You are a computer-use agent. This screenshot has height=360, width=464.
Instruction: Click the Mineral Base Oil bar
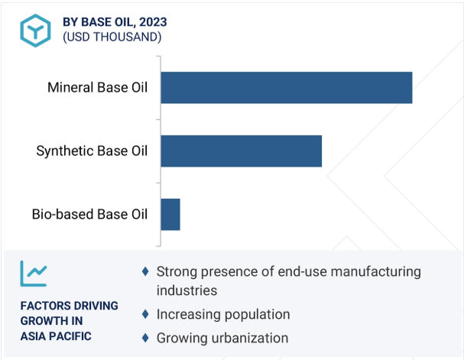tap(287, 88)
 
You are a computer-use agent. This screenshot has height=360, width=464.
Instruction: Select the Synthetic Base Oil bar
tap(242, 151)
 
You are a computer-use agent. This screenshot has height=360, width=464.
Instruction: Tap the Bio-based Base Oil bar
tap(170, 215)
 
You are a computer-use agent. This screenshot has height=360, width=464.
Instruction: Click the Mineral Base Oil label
tap(97, 88)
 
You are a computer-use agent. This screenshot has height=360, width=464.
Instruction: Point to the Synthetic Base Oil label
tap(92, 151)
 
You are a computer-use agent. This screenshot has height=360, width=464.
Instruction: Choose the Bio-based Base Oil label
tap(89, 215)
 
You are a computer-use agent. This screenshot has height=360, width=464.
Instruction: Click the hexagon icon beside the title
tap(35, 31)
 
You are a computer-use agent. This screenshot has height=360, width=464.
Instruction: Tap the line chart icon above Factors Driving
tap(34, 274)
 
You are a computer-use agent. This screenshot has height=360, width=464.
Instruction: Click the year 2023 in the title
tap(153, 22)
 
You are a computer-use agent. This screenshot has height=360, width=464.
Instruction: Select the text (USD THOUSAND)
tap(112, 37)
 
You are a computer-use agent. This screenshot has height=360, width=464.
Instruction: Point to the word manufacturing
tap(376, 272)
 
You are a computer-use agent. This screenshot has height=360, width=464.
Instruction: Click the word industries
tap(187, 290)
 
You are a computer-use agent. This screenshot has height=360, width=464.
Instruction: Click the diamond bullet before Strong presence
tap(145, 271)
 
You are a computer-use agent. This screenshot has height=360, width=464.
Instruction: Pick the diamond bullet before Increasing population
tap(145, 314)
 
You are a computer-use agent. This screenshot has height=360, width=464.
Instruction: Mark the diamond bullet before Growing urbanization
tap(145, 338)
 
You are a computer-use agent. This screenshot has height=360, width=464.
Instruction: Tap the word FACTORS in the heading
tap(41, 306)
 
